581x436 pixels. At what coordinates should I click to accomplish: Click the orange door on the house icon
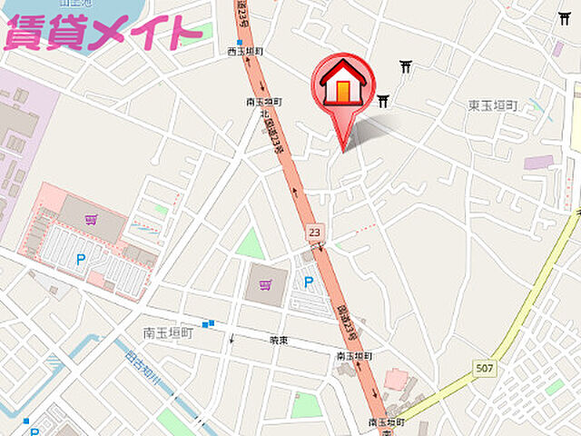point(343,92)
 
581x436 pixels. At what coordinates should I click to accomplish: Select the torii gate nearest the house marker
point(384,101)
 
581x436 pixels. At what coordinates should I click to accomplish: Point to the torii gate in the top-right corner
point(564,17)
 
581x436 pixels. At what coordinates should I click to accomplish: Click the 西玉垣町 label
point(245,53)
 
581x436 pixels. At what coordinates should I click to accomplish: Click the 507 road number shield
point(483,367)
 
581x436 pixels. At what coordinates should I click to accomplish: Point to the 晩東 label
point(279,341)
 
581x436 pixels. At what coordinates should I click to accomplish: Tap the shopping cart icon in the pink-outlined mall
point(91,220)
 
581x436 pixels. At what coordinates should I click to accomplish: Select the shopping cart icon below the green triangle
point(264,286)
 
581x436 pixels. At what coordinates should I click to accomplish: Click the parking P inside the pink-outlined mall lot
point(81,260)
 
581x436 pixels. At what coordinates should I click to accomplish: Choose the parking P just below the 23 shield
point(308,282)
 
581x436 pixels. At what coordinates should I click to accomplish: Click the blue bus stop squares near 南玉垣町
point(209,322)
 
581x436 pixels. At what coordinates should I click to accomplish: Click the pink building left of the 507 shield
point(396,377)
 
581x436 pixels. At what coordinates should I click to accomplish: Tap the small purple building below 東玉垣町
point(538,163)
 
